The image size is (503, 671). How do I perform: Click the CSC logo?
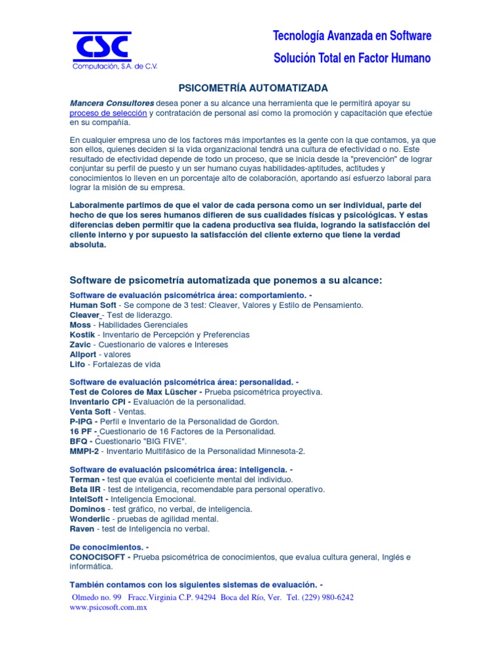tap(102, 47)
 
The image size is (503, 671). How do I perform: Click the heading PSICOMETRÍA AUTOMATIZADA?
tap(253, 88)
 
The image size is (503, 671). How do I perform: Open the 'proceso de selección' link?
tap(108, 113)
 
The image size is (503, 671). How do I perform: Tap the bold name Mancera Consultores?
tap(112, 104)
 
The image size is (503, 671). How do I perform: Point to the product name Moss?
tap(80, 324)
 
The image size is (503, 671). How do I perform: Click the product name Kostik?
tap(82, 334)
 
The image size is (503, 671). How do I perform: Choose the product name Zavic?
tap(81, 344)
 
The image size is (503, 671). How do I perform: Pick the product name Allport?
tap(83, 354)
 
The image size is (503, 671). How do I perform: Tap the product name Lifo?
tap(78, 364)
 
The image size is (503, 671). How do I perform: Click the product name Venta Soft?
tap(90, 412)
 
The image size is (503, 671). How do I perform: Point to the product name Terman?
tap(86, 479)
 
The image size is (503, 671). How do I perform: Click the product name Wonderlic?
tap(90, 518)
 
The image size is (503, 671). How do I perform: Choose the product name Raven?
tap(82, 528)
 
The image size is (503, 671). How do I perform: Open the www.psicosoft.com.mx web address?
tap(108, 607)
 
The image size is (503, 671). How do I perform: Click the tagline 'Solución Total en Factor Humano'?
tap(352, 58)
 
